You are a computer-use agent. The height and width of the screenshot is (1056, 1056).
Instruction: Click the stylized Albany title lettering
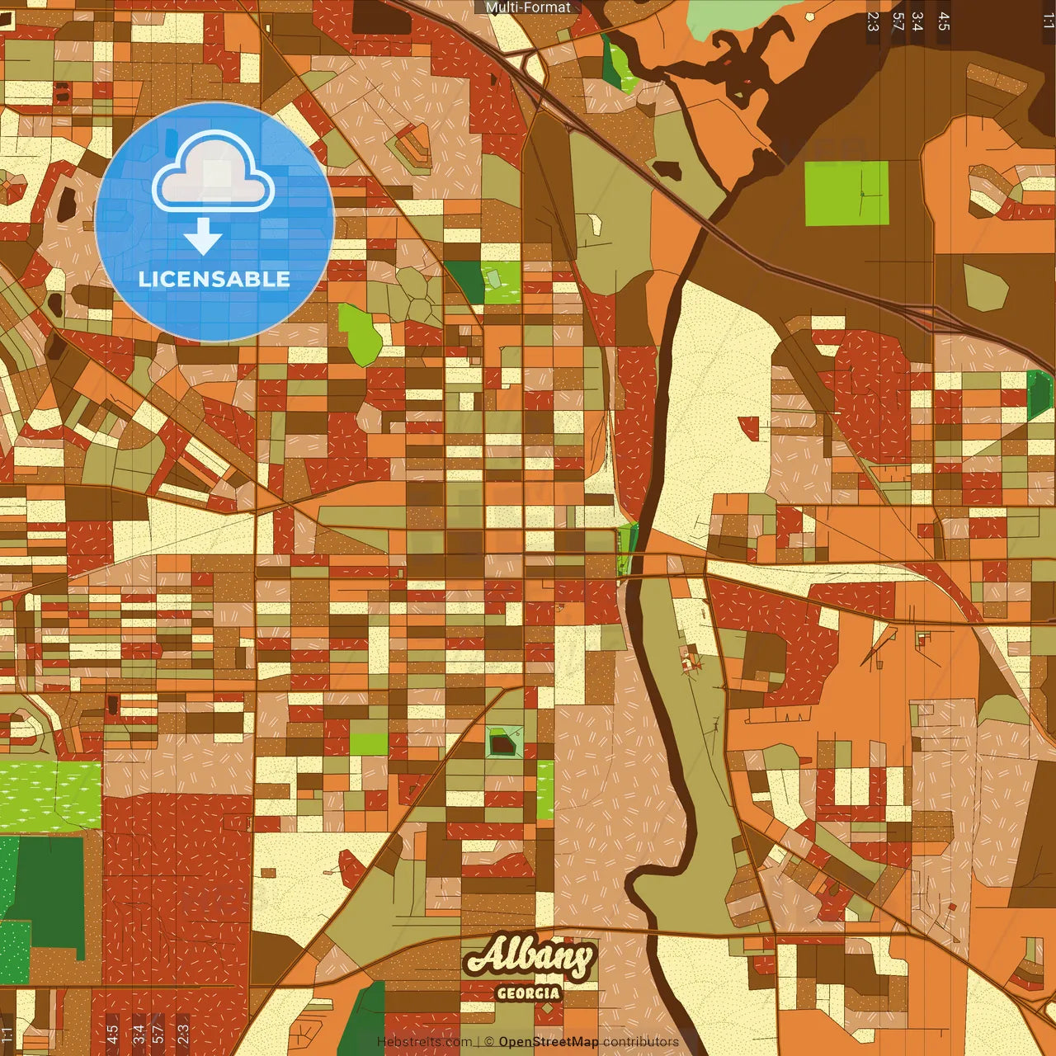(529, 958)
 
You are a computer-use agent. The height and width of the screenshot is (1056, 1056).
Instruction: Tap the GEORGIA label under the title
(528, 993)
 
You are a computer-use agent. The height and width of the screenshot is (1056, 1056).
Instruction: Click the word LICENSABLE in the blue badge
(214, 279)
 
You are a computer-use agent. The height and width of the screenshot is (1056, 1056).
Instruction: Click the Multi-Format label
(528, 7)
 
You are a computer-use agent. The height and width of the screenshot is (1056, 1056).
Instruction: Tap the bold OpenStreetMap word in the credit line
(549, 1042)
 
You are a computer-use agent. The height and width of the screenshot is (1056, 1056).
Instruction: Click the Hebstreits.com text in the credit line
(425, 1042)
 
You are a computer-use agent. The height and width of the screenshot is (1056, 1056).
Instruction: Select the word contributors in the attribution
(640, 1042)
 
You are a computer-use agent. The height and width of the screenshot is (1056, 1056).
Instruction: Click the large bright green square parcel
(847, 193)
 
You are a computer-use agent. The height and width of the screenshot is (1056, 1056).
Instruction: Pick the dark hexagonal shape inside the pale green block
(501, 745)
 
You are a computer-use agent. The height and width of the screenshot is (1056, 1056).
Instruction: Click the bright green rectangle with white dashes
(49, 794)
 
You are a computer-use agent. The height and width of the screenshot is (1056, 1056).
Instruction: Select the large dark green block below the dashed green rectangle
(49, 891)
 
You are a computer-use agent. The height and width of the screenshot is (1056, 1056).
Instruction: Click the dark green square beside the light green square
(464, 281)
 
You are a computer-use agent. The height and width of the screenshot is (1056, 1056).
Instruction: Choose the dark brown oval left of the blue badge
(64, 205)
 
